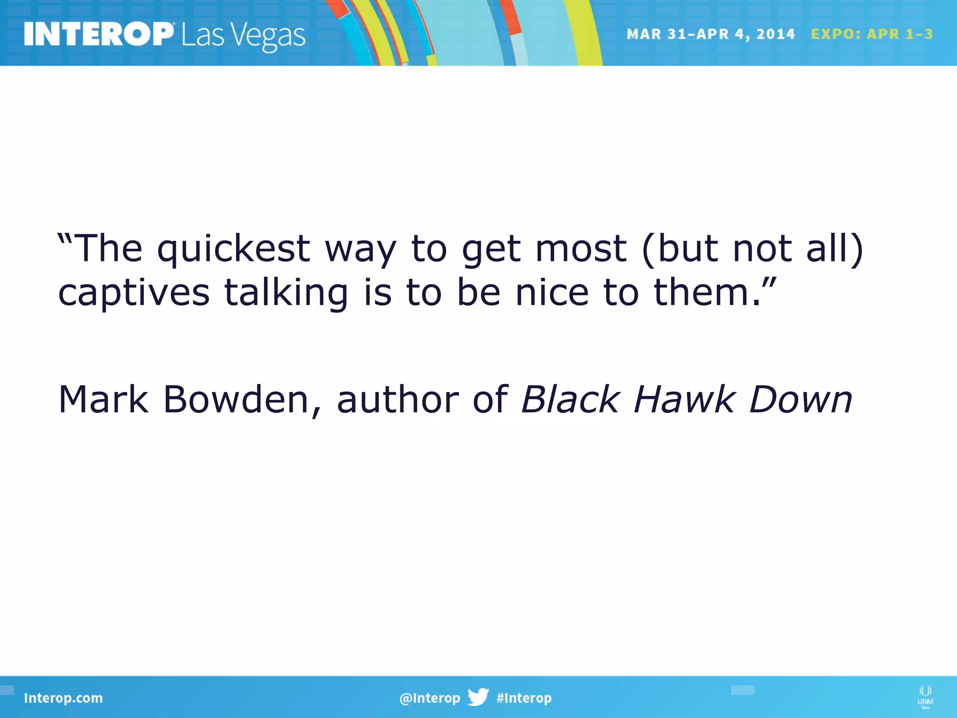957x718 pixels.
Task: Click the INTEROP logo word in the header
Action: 98,34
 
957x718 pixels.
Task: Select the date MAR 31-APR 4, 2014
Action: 710,34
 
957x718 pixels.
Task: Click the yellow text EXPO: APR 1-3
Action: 872,34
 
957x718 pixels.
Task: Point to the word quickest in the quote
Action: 234,249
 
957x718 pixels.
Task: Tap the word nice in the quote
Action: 552,293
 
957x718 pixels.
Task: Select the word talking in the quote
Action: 286,293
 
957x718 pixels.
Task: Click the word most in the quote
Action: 581,248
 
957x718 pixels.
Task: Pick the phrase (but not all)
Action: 753,248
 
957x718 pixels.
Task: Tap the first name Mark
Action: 103,400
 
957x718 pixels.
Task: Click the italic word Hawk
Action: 684,400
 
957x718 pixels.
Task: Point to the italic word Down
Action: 800,400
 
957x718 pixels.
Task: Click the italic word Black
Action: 571,400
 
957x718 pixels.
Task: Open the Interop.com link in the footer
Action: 63,698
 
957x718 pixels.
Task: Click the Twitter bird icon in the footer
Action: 478,697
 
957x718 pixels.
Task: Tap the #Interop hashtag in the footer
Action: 524,698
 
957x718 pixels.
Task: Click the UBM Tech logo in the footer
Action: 925,697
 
